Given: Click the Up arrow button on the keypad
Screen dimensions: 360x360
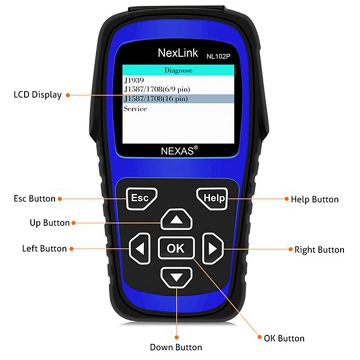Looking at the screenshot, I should [176, 220].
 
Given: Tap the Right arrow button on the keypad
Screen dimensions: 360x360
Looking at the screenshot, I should [212, 248].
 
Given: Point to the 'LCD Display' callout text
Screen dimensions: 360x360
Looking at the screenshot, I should [37, 95].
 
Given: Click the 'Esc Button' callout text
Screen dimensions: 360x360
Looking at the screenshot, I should [34, 198].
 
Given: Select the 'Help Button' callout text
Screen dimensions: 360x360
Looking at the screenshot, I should [315, 199].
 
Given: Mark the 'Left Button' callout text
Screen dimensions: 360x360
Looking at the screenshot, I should [44, 248].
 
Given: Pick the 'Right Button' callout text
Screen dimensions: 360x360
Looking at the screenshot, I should [319, 249].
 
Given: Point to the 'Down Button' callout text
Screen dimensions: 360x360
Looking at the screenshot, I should [176, 347].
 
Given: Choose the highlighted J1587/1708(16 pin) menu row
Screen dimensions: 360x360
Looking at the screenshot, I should [179, 99].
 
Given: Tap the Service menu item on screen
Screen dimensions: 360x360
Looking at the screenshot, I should [135, 108].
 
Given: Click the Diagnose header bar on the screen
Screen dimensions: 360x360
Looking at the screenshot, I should [179, 70].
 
